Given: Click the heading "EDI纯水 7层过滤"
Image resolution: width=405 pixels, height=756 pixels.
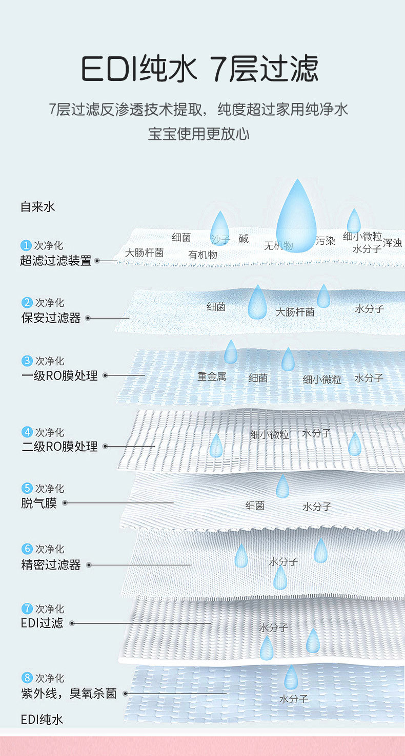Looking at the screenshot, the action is tap(200, 69).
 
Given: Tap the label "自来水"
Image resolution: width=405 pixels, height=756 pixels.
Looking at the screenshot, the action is tap(37, 207).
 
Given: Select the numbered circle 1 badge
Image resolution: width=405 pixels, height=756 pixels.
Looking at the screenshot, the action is tap(26, 246).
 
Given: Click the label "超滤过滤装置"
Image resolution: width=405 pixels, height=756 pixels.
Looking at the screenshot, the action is tap(56, 260).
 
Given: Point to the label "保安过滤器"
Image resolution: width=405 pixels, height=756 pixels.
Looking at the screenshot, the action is tap(51, 318).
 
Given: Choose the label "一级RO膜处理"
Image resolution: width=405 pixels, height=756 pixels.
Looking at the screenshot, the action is tap(59, 375).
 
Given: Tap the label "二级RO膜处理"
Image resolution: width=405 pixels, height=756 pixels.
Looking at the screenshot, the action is tap(59, 447).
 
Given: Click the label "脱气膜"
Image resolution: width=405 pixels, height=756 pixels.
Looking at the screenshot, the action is tap(39, 503).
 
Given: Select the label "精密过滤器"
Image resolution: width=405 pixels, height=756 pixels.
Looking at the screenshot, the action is tap(51, 565).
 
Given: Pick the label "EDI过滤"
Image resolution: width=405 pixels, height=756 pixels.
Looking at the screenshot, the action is tap(42, 623).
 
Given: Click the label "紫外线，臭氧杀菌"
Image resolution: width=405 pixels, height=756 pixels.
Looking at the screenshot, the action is tap(69, 694).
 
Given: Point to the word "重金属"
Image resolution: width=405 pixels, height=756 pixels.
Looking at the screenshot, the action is tap(212, 376).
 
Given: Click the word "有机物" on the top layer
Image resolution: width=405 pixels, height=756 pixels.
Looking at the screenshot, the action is tap(202, 255).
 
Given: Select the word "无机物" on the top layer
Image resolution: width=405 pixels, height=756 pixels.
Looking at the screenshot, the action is tap(278, 246).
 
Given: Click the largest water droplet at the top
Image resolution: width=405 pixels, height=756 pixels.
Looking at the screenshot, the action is tap(296, 218).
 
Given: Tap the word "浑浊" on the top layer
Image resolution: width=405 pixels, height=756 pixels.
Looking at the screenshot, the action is tap(392, 243).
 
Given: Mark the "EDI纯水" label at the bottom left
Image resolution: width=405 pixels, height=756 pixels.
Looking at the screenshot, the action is tap(42, 719).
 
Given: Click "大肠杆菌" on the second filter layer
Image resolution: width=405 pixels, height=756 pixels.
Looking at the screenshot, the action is tap(295, 312).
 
